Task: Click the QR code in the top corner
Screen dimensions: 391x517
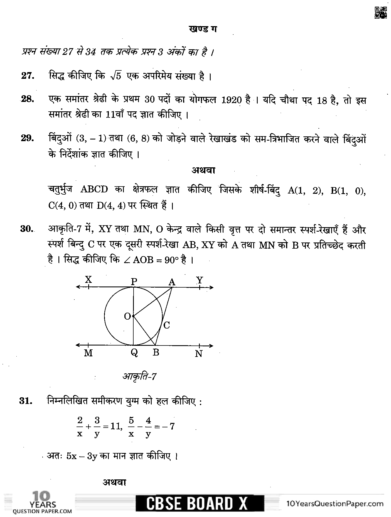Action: click(x=380, y=13)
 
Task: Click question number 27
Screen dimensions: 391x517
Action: click(x=28, y=76)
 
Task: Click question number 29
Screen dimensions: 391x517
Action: click(x=28, y=138)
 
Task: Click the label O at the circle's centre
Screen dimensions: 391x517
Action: click(x=127, y=316)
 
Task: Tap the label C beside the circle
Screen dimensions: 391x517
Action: click(x=166, y=325)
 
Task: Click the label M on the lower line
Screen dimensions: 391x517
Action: click(x=88, y=353)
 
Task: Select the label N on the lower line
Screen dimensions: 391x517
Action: click(x=198, y=354)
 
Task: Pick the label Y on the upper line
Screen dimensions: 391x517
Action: click(x=200, y=280)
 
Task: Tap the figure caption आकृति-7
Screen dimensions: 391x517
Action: click(x=139, y=377)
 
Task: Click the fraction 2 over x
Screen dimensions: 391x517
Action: click(x=80, y=427)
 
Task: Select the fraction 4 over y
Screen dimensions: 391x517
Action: click(x=148, y=427)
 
